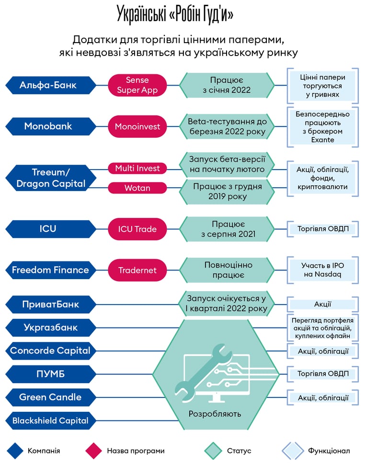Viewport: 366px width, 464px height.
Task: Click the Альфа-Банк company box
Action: coord(51,85)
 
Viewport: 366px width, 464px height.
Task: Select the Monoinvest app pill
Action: coord(137,126)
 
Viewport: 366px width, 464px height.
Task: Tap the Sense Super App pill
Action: coord(137,85)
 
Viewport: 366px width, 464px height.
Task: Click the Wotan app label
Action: coord(137,188)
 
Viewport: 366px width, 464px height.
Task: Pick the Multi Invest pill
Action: coord(137,169)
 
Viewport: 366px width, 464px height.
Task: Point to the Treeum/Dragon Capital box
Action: coord(51,178)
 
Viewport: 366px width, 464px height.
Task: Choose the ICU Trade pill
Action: coord(137,229)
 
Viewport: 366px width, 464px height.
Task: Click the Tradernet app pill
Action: coord(137,270)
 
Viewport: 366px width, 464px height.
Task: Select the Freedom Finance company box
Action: coord(51,270)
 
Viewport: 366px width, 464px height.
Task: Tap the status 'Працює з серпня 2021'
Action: coord(227,229)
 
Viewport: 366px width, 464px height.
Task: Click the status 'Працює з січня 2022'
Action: coord(227,85)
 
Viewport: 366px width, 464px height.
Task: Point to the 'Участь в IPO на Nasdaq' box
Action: coord(323,270)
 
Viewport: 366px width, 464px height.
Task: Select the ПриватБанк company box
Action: coord(51,305)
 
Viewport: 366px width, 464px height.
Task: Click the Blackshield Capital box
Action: coord(51,420)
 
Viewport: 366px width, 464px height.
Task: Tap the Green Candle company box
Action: coord(51,397)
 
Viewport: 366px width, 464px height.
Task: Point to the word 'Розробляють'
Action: coord(215,414)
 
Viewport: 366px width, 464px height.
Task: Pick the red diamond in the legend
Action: coord(93,451)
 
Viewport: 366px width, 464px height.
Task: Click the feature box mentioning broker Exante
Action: coord(323,127)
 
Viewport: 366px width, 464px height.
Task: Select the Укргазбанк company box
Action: coord(51,328)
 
